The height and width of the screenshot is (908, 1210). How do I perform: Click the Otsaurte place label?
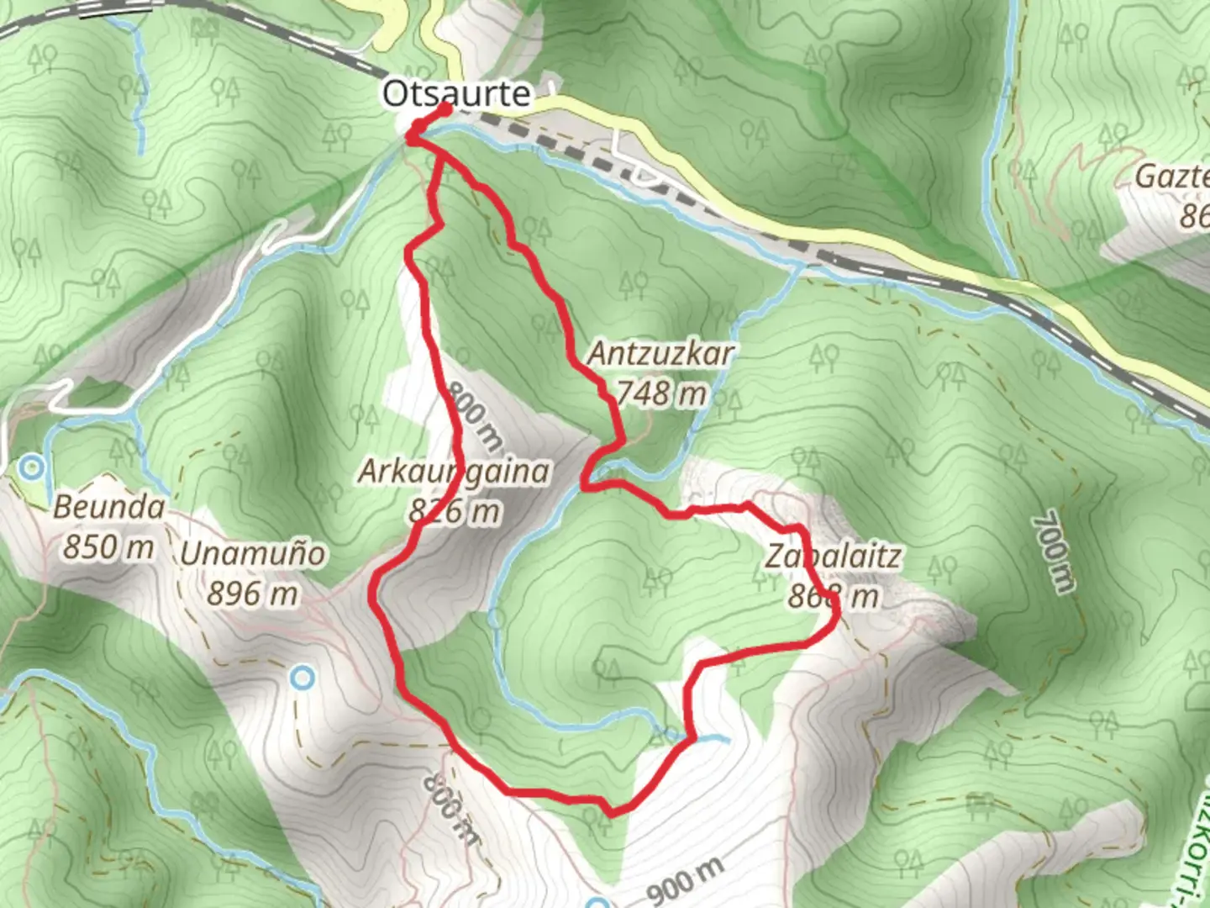(x=456, y=93)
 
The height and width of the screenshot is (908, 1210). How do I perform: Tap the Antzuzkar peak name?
(x=660, y=353)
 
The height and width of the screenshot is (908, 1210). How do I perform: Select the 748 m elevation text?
(x=661, y=393)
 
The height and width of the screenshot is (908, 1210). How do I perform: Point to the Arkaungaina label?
(x=454, y=472)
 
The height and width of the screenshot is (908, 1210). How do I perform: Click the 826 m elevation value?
(x=454, y=510)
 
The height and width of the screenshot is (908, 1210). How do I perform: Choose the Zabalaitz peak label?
(x=834, y=556)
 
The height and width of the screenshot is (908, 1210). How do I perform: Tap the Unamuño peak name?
(x=253, y=554)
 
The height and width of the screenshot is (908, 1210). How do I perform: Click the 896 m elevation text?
(x=253, y=594)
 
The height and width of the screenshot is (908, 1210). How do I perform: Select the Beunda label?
(x=108, y=507)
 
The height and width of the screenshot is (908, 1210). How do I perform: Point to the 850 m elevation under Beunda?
(x=108, y=546)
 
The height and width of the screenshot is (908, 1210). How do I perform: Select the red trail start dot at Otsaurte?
(x=445, y=110)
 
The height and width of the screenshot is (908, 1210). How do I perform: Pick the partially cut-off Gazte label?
(x=1171, y=177)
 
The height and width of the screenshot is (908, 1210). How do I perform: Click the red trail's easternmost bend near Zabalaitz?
(x=837, y=620)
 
